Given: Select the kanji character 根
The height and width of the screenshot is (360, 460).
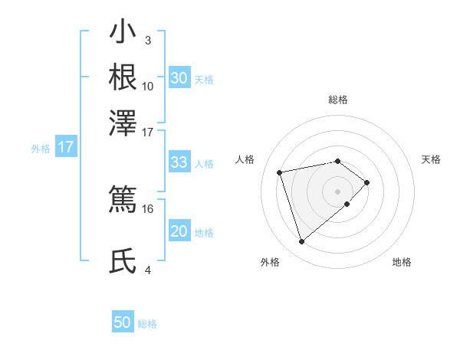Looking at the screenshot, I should coord(123,77).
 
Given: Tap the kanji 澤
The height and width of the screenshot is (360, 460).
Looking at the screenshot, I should coord(123,122).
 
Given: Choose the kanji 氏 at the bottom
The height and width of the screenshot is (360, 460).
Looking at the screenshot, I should coord(123,261).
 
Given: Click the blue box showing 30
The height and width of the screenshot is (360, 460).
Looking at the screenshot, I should coord(179,78).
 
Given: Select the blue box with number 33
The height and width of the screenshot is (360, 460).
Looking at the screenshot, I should coord(179,162).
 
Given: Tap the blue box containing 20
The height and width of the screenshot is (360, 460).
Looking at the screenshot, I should coord(179,231).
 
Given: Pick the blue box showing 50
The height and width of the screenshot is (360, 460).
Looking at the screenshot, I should coord(123,322).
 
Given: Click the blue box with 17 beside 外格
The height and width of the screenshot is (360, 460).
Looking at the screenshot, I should coord(66,147).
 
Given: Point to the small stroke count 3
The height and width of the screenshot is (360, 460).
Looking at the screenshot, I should coord(147,40).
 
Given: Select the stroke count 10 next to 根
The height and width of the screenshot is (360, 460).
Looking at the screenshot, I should coord(147,86).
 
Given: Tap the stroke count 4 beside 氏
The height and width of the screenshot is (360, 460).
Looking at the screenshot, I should coord(147,270).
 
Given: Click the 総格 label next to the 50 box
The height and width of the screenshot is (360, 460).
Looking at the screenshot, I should coord(147,324).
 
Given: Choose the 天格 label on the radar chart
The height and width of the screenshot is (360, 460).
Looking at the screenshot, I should coord(431,159).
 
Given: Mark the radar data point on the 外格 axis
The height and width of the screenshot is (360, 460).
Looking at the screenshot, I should coord(301,241).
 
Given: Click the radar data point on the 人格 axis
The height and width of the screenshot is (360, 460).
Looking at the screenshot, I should coord(281,172).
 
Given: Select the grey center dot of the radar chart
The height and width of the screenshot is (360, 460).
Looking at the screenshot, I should coord(338,190).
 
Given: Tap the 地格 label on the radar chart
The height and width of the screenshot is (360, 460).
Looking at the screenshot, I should coord(402,262).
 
